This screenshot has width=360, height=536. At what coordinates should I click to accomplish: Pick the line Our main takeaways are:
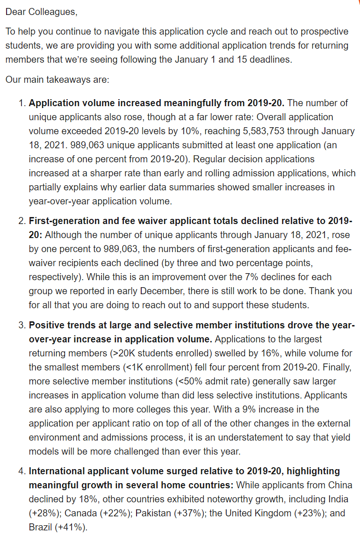pyautogui.click(x=57, y=80)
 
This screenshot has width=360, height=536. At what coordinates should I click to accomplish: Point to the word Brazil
pyautogui.click(x=41, y=527)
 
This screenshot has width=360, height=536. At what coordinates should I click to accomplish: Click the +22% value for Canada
pyautogui.click(x=114, y=513)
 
